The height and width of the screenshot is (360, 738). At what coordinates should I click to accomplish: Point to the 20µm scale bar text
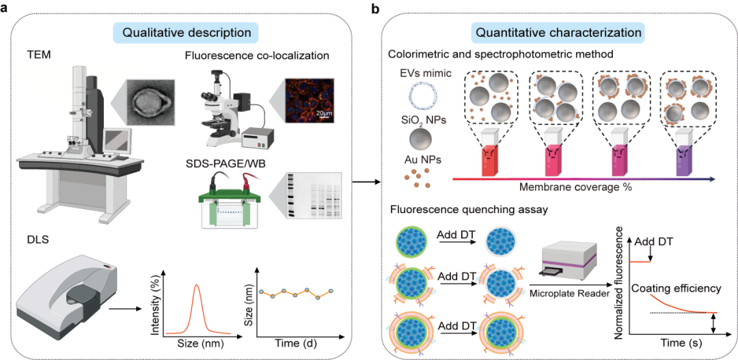[x=323, y=112]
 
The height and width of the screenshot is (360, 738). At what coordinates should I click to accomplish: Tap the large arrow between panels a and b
[x=366, y=182]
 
